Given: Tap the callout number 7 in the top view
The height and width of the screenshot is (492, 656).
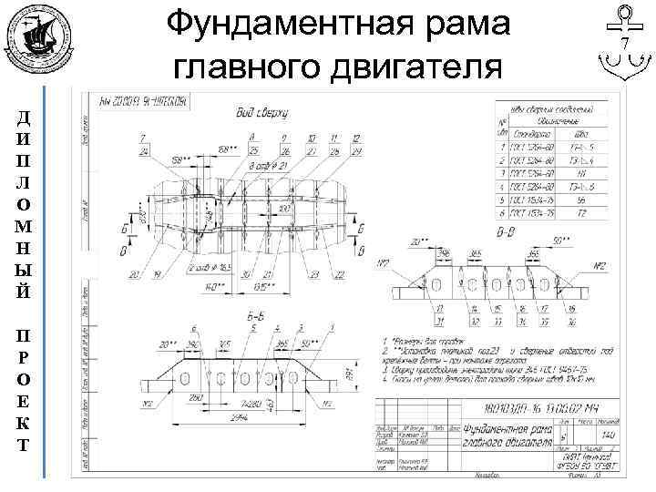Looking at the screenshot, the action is [143, 138].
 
